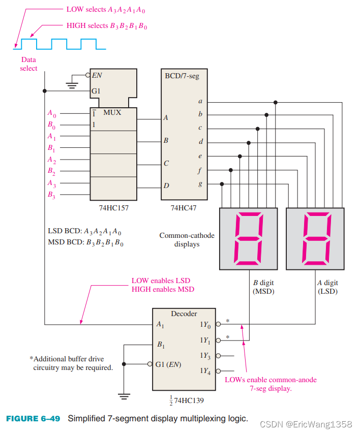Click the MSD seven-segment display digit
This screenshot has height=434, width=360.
pyautogui.click(x=249, y=239)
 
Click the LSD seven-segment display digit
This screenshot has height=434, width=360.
pyautogui.click(x=316, y=239)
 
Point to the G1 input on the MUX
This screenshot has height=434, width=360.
pyautogui.click(x=97, y=91)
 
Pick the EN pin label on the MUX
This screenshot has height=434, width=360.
pyautogui.click(x=97, y=75)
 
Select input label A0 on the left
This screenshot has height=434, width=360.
pyautogui.click(x=51, y=114)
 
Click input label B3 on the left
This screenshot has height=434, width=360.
pyautogui.click(x=51, y=195)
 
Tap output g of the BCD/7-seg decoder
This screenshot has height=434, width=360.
pyautogui.click(x=200, y=184)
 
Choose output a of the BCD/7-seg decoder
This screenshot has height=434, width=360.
pyautogui.click(x=200, y=102)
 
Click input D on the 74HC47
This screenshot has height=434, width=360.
pyautogui.click(x=166, y=186)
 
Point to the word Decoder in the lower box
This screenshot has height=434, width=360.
pyautogui.click(x=184, y=314)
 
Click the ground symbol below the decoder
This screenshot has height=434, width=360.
pyautogui.click(x=124, y=395)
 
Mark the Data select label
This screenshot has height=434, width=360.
pyautogui.click(x=28, y=64)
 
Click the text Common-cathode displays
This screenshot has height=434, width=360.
pyautogui.click(x=187, y=239)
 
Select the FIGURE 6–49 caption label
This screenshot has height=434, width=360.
pyautogui.click(x=33, y=419)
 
